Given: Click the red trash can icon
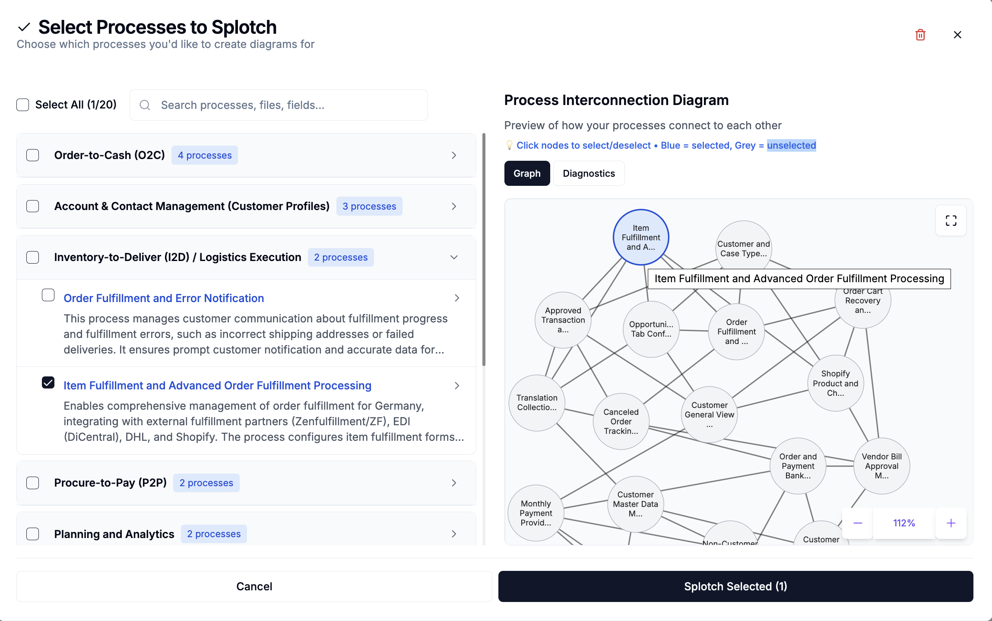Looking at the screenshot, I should pyautogui.click(x=920, y=35).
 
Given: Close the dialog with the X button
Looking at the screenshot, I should pyautogui.click(x=957, y=35).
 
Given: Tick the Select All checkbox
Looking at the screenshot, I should pyautogui.click(x=23, y=105).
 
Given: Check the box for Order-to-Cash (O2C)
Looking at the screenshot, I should pyautogui.click(x=33, y=155).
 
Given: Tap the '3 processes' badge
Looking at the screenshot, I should pyautogui.click(x=369, y=206).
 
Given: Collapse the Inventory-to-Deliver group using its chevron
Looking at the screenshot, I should pyautogui.click(x=454, y=257).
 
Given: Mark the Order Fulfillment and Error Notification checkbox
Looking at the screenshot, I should pyautogui.click(x=48, y=295).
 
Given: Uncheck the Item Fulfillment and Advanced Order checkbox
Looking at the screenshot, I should pyautogui.click(x=48, y=382).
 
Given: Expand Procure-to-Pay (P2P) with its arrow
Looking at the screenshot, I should pyautogui.click(x=454, y=483).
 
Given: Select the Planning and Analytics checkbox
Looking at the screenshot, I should pyautogui.click(x=33, y=534).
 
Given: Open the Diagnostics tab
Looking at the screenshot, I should pyautogui.click(x=589, y=173).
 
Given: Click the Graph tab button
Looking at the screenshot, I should pyautogui.click(x=527, y=173).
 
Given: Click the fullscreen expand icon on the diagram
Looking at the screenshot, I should pyautogui.click(x=951, y=220).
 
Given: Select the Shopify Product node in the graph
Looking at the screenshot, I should pyautogui.click(x=835, y=383).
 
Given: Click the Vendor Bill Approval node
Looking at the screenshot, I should pyautogui.click(x=881, y=466).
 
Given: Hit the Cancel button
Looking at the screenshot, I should pyautogui.click(x=254, y=586).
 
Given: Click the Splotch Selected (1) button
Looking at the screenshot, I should pyautogui.click(x=735, y=586).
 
